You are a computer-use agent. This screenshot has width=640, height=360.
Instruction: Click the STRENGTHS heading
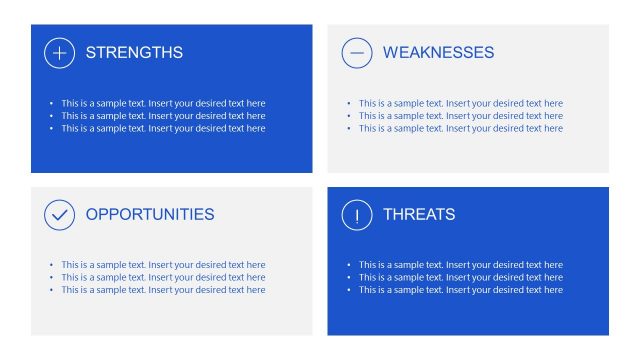click(134, 53)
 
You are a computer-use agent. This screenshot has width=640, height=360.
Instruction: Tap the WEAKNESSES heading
click(438, 53)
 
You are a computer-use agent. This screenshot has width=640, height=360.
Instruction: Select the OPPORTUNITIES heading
click(150, 214)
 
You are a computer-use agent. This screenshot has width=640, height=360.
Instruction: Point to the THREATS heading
click(419, 214)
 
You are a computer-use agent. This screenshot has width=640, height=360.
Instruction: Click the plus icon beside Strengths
click(60, 53)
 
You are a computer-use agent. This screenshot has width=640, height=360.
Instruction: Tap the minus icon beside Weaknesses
click(357, 53)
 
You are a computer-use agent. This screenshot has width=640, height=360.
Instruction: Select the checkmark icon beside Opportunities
click(60, 214)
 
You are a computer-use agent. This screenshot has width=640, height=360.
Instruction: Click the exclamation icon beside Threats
click(357, 214)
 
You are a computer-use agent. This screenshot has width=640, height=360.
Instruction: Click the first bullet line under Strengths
click(163, 103)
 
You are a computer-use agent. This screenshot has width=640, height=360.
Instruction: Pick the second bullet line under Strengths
click(163, 116)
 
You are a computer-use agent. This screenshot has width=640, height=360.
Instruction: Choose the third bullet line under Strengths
click(163, 128)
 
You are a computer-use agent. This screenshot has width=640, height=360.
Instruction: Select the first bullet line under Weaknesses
click(460, 103)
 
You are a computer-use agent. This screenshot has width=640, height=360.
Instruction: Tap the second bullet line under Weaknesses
click(460, 116)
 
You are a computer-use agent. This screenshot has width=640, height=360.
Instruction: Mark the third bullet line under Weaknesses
click(460, 128)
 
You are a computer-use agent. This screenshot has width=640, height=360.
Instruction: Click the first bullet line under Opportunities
click(163, 265)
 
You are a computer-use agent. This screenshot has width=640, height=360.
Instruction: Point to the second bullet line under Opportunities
click(163, 277)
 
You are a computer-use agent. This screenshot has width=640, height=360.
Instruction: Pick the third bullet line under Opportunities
click(163, 290)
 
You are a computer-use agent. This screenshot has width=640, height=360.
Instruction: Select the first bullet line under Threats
click(460, 265)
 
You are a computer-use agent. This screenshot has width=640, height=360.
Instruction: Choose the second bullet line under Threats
click(460, 277)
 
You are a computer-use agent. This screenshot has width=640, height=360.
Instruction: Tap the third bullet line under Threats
click(460, 290)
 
